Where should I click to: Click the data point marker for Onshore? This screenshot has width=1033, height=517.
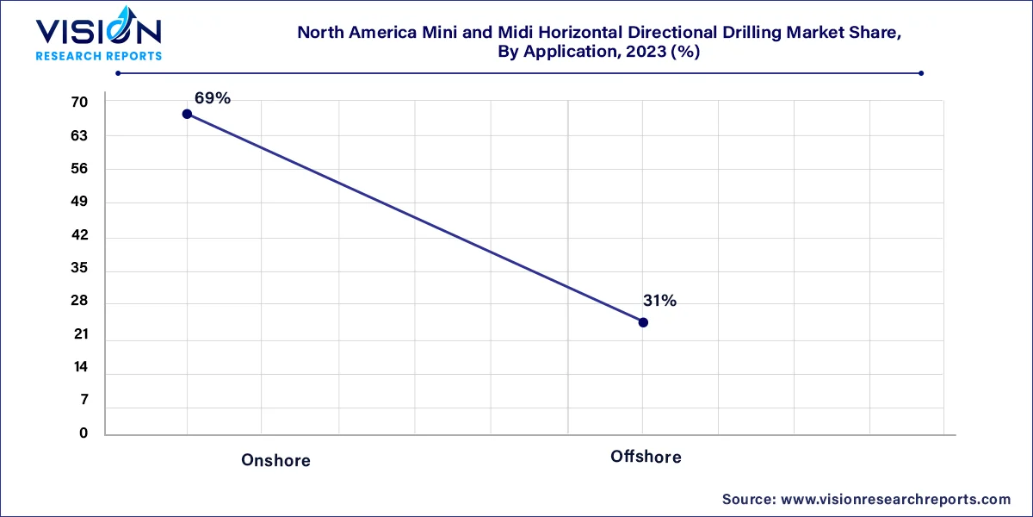(x=187, y=114)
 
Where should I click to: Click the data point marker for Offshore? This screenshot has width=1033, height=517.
(x=643, y=322)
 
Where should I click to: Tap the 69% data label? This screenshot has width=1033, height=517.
(x=212, y=98)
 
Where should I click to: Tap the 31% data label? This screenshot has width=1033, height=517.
(x=659, y=301)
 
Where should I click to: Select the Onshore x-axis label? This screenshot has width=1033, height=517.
(x=275, y=460)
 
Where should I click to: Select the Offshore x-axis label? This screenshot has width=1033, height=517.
(x=646, y=457)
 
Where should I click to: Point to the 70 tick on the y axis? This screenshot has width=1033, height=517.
(x=79, y=103)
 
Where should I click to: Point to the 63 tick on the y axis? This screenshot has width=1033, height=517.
(x=79, y=135)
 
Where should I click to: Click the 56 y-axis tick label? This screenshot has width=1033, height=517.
(x=79, y=169)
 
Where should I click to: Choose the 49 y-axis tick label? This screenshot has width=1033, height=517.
(x=79, y=202)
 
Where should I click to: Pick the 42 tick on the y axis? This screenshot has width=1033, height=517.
(x=79, y=235)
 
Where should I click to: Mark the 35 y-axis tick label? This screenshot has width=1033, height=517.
(x=79, y=268)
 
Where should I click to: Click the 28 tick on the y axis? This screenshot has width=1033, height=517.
(x=79, y=302)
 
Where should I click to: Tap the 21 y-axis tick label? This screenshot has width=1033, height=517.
(x=79, y=334)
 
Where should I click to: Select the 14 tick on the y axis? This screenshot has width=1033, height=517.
(x=79, y=367)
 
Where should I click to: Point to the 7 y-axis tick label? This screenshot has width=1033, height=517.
(x=83, y=400)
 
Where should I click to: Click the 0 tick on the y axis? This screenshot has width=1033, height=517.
(x=84, y=433)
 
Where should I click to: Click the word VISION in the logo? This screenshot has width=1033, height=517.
(x=97, y=33)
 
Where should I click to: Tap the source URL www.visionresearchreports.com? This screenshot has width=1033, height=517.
(x=894, y=499)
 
